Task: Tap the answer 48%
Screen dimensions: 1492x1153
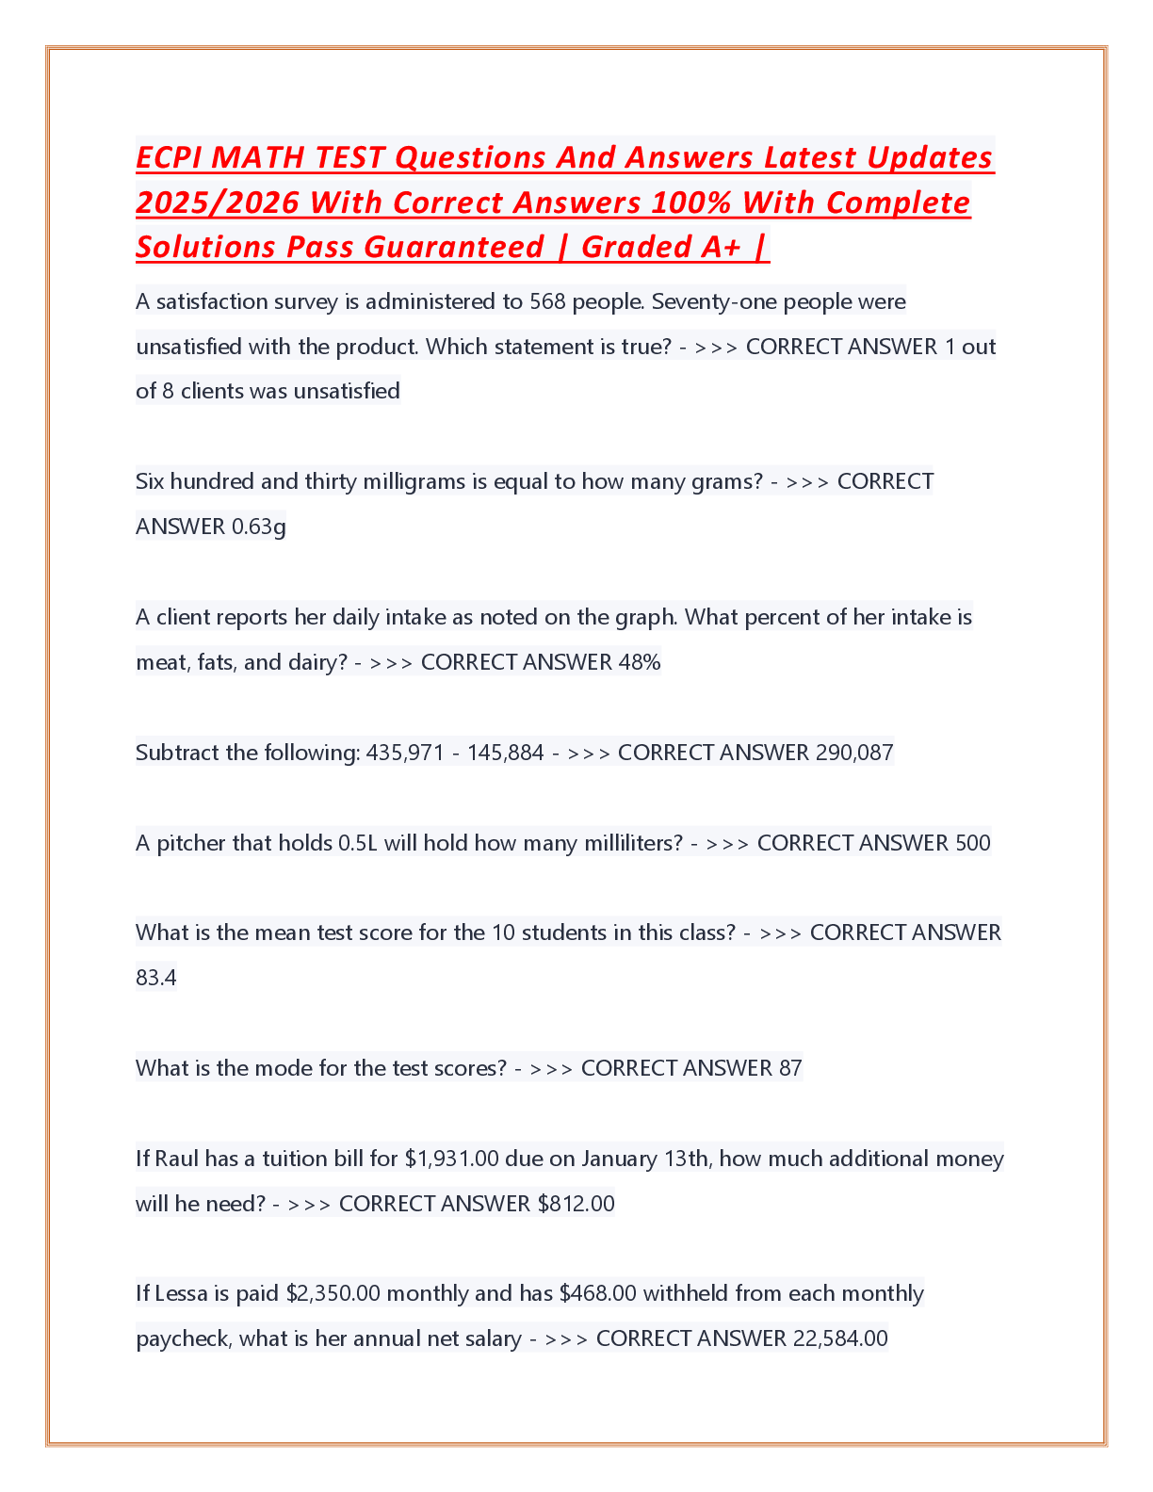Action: click(640, 662)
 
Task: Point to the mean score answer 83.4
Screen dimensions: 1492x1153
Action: click(155, 978)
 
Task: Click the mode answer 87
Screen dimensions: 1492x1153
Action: click(789, 1068)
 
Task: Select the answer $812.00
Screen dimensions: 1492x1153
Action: click(576, 1204)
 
